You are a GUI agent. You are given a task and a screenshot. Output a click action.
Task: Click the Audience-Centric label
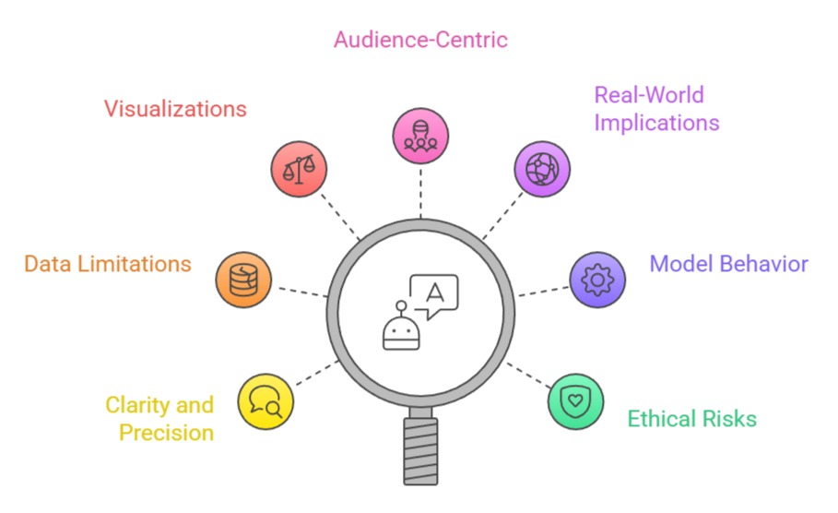[420, 40]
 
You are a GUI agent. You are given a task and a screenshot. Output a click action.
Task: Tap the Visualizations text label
[175, 108]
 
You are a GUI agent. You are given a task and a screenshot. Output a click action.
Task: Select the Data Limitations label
[108, 264]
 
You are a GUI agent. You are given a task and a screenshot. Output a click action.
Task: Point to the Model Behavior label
[728, 264]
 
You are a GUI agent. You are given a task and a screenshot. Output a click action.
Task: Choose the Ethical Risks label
[691, 419]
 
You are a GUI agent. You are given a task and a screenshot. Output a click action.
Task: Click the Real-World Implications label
[656, 108]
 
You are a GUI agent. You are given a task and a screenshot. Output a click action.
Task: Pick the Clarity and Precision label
[159, 418]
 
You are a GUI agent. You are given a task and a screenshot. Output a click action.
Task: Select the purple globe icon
[542, 169]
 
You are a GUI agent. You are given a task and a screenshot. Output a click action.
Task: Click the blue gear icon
[598, 279]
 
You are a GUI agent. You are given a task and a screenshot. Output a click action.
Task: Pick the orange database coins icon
[243, 279]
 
